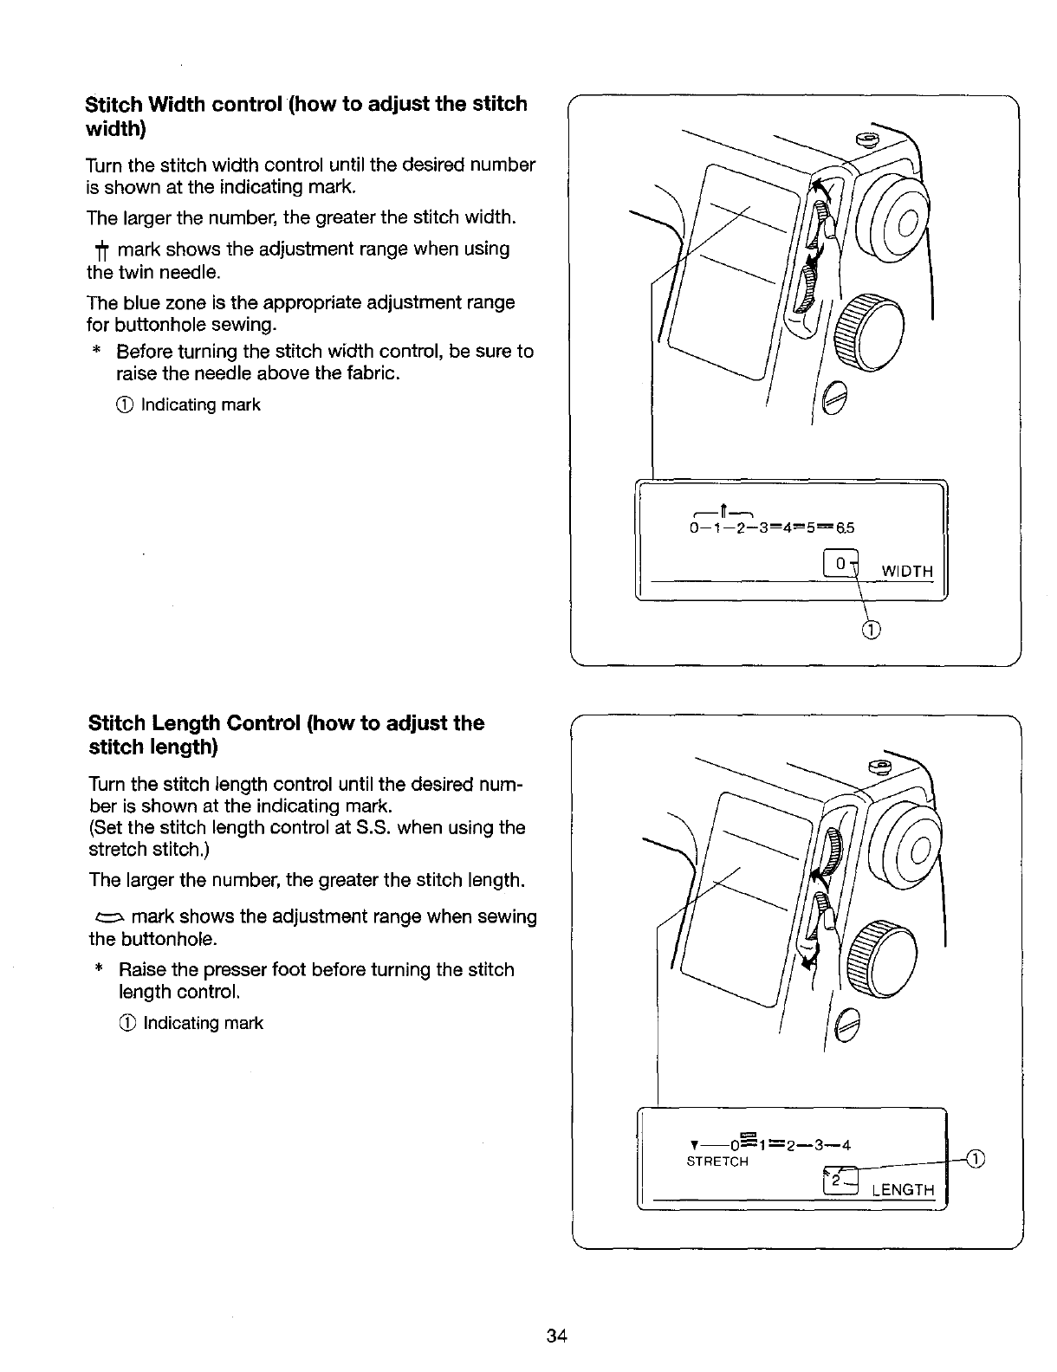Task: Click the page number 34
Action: (x=556, y=1336)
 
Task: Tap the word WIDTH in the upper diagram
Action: (x=907, y=572)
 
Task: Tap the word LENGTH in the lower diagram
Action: (x=904, y=1190)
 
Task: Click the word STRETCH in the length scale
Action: (x=717, y=1162)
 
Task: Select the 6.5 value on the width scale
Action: (x=845, y=527)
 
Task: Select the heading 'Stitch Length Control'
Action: (x=286, y=735)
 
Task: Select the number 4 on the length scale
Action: (x=846, y=1145)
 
